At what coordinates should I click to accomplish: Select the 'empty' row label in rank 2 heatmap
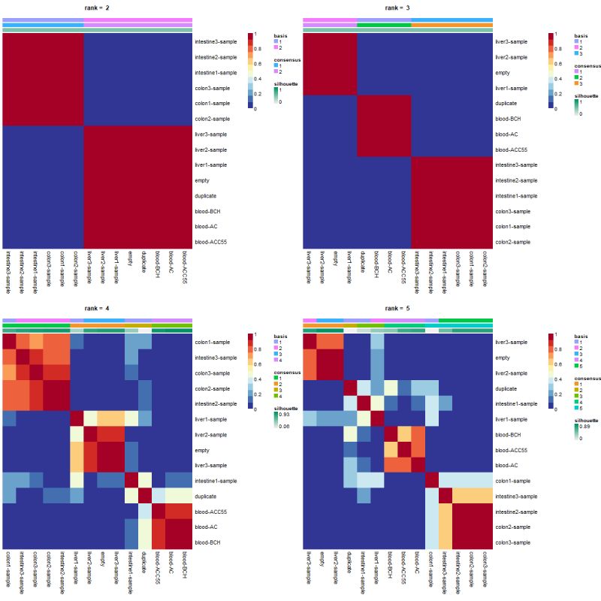click(x=201, y=180)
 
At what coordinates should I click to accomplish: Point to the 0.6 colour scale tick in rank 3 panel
click(x=557, y=63)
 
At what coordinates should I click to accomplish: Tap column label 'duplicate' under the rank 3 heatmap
click(x=363, y=264)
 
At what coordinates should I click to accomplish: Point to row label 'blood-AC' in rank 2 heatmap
click(x=205, y=226)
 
